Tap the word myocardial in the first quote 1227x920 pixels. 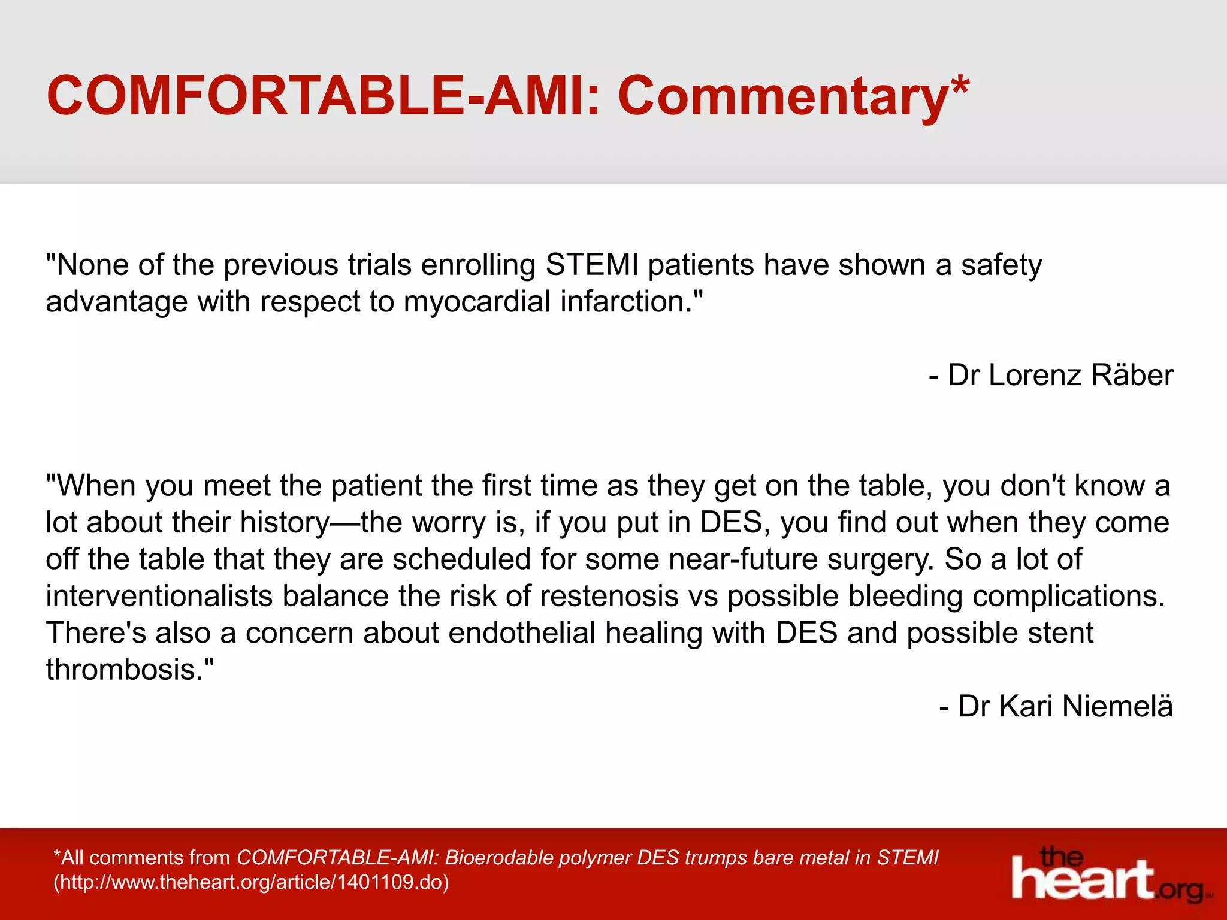click(476, 301)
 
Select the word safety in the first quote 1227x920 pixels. click(1002, 265)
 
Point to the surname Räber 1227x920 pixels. click(1132, 376)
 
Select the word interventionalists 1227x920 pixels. click(159, 597)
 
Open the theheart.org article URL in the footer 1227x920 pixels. click(251, 882)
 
